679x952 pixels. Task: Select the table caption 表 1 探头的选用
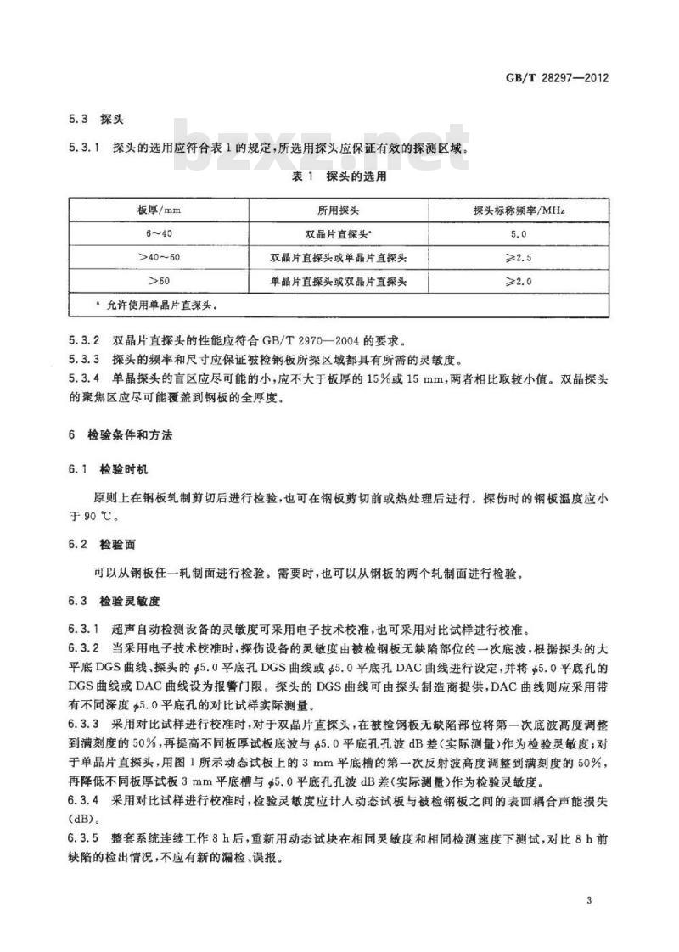point(339,177)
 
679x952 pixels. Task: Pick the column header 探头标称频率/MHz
point(520,210)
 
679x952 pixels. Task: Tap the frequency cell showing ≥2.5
point(520,255)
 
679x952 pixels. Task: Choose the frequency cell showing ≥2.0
point(520,279)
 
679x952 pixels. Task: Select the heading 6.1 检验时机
point(99,468)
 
